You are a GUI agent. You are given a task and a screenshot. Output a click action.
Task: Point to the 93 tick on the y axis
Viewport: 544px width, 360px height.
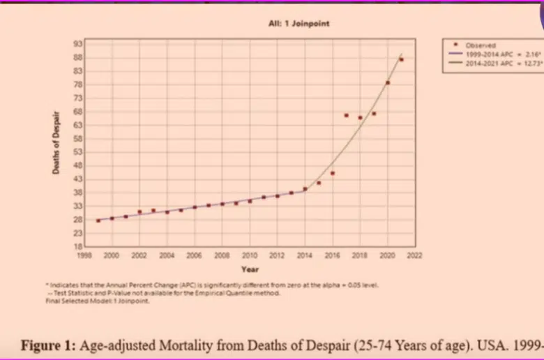click(78, 43)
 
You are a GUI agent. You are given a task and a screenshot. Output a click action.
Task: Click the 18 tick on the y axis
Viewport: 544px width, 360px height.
click(78, 246)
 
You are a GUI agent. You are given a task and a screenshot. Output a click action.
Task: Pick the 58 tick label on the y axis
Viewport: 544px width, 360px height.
click(78, 138)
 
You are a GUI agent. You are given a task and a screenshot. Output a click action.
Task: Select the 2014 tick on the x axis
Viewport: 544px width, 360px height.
click(305, 256)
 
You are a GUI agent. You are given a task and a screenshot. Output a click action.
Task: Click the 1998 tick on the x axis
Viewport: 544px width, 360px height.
click(84, 256)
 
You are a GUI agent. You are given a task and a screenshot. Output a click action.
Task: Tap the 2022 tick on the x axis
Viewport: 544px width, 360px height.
click(415, 256)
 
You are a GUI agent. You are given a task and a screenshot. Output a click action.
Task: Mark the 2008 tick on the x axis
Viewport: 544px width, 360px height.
click(222, 256)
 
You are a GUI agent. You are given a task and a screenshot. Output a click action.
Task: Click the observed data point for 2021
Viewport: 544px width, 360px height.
click(401, 60)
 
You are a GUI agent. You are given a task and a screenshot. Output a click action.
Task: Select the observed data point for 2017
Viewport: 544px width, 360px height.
click(346, 115)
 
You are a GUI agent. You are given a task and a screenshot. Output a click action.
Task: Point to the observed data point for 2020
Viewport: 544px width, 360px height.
click(388, 83)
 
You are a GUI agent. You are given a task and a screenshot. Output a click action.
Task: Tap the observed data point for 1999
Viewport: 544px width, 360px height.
click(98, 220)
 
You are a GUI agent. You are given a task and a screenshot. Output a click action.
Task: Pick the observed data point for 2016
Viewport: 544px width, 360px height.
click(333, 173)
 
